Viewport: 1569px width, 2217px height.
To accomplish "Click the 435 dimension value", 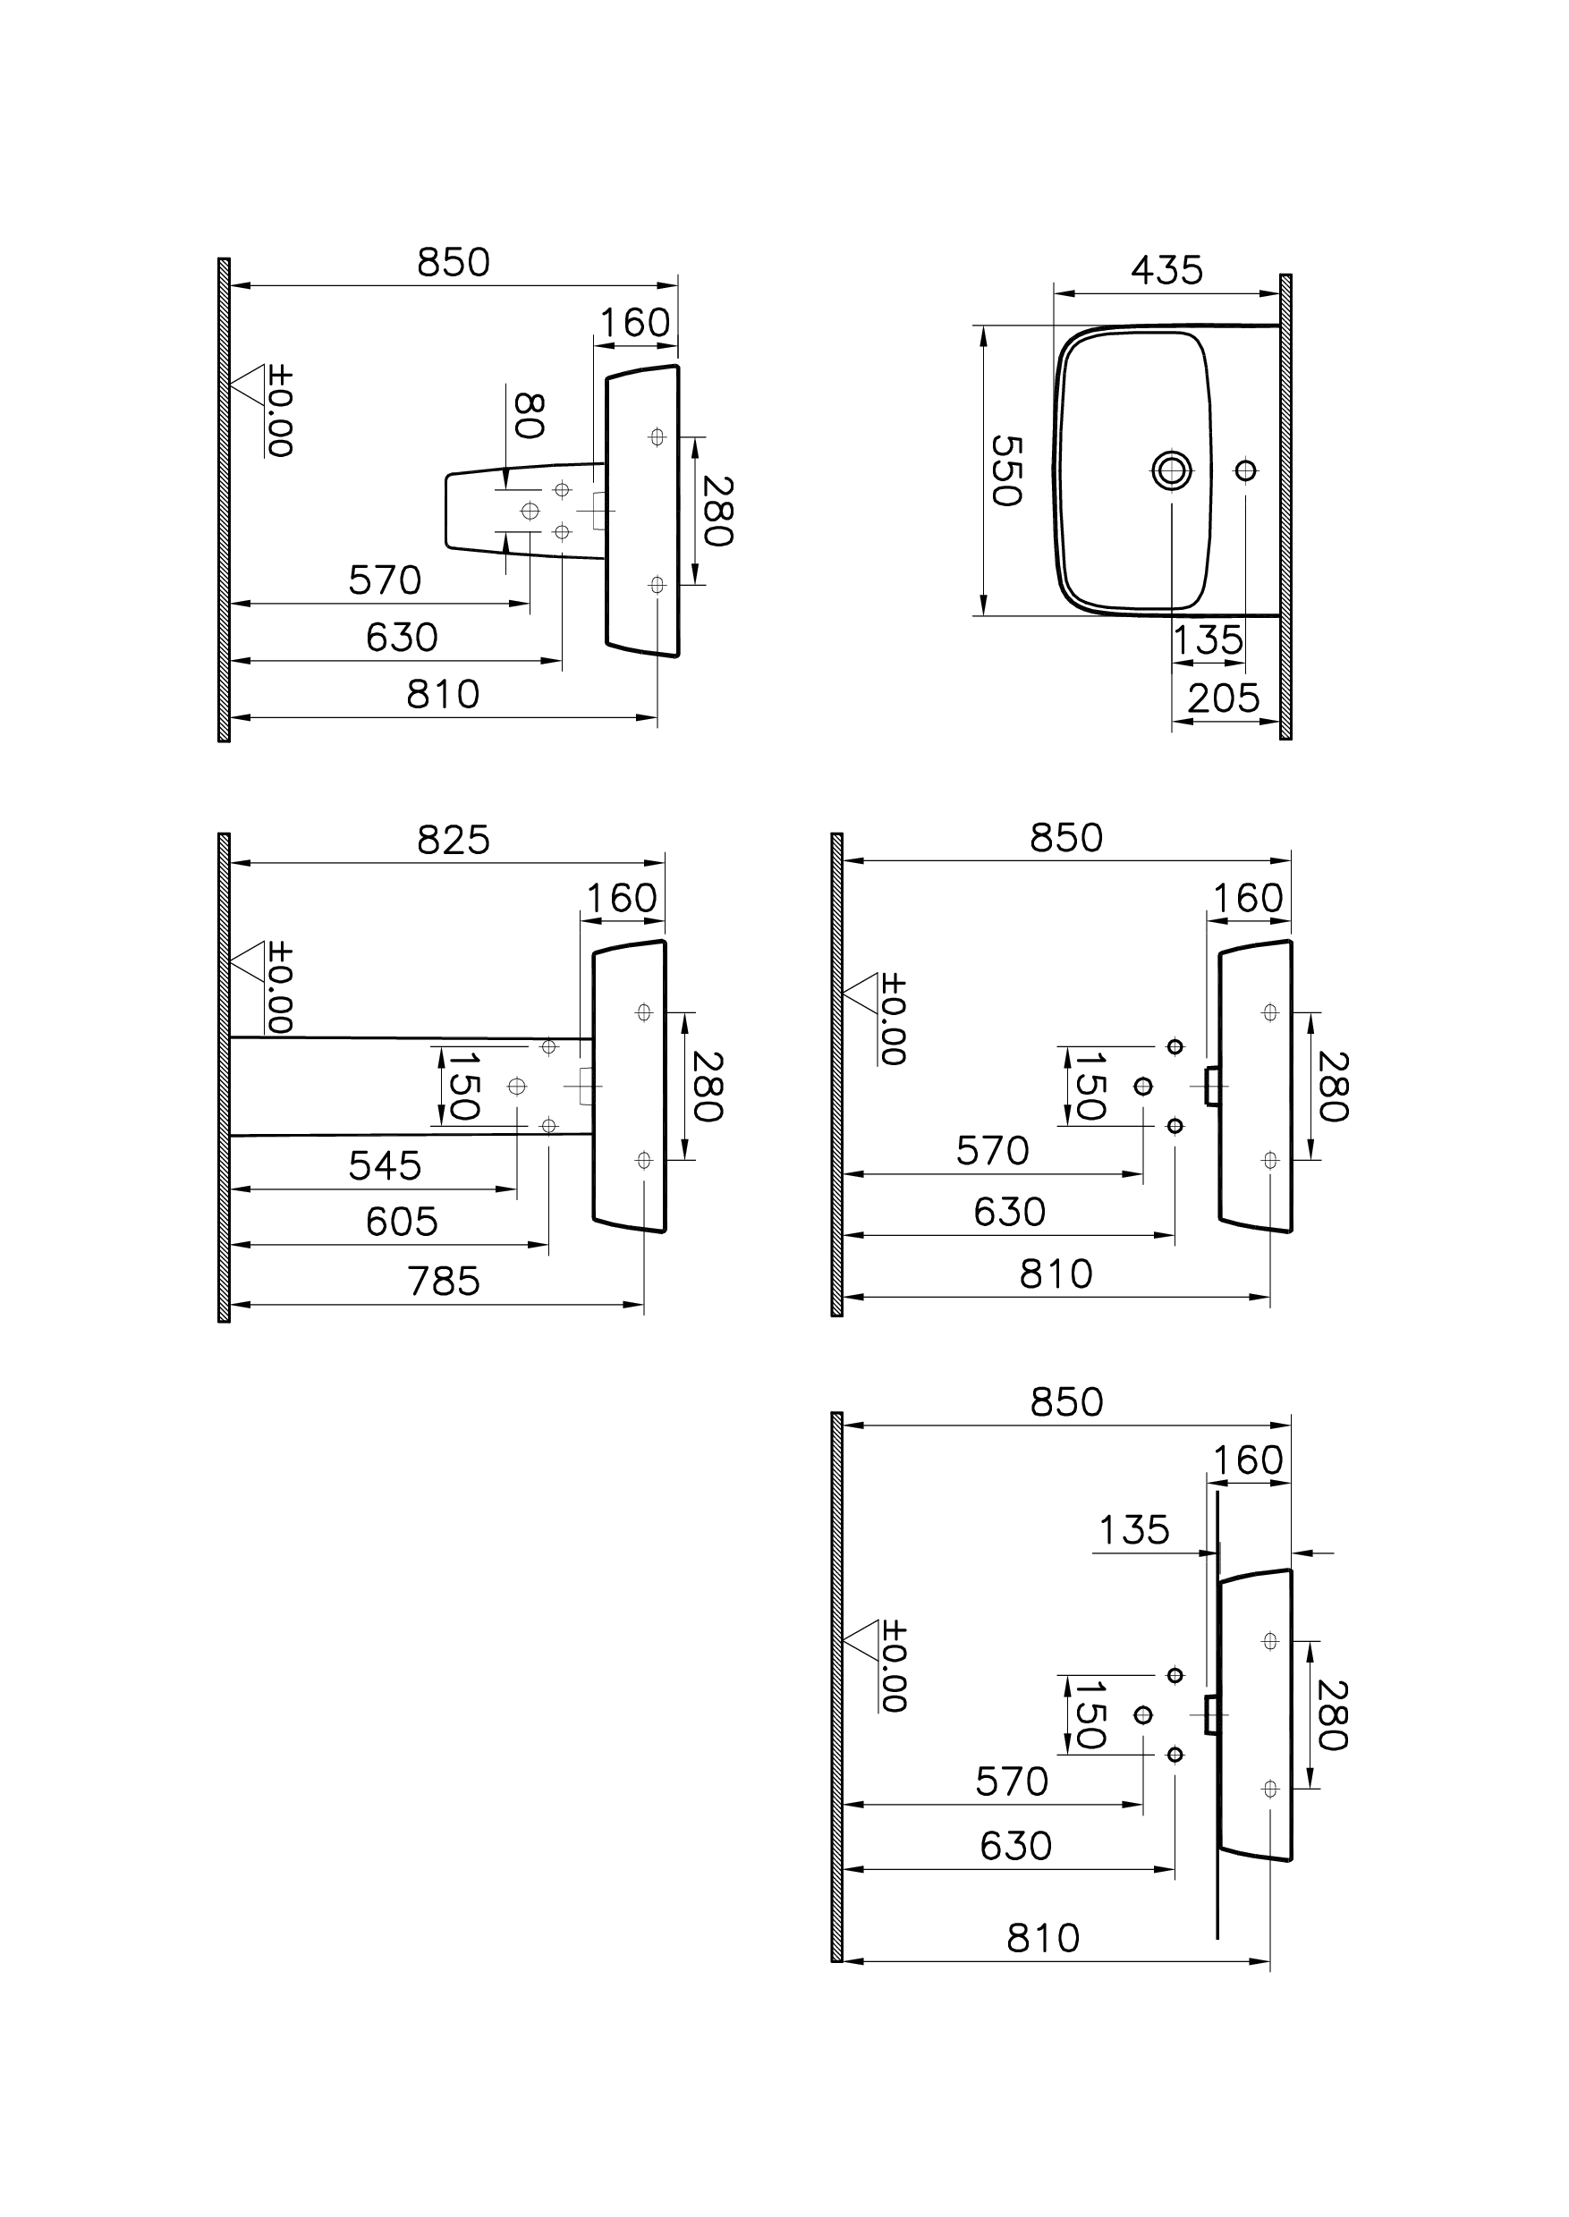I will pyautogui.click(x=1166, y=270).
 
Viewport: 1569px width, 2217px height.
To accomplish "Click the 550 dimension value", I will pyautogui.click(x=1005, y=470).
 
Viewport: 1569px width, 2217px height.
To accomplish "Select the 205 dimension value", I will pyautogui.click(x=1223, y=698).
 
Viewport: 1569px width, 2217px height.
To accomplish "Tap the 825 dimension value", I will pyautogui.click(x=454, y=841).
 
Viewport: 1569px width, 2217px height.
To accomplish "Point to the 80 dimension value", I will pyautogui.click(x=528, y=417).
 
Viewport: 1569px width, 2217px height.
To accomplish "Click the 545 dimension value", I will pyautogui.click(x=385, y=1166).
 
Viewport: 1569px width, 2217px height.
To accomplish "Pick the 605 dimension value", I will pyautogui.click(x=401, y=1222).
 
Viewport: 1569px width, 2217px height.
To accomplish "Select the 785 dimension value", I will pyautogui.click(x=444, y=1282).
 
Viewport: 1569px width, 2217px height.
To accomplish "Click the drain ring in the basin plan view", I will pyautogui.click(x=1172, y=470).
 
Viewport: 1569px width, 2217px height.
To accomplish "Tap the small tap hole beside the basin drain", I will pyautogui.click(x=1245, y=470).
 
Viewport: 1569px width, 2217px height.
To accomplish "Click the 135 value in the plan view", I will pyautogui.click(x=1208, y=640).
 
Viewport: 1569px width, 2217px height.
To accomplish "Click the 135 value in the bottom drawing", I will pyautogui.click(x=1134, y=1530).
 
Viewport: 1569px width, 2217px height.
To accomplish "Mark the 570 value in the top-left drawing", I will pyautogui.click(x=385, y=580).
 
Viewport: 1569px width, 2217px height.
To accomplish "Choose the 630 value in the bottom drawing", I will pyautogui.click(x=1015, y=1846).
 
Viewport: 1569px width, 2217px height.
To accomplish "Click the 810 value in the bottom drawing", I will pyautogui.click(x=1042, y=1939).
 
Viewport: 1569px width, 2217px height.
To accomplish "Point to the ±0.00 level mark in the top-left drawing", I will pyautogui.click(x=278, y=410).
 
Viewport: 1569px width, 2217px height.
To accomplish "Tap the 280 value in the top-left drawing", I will pyautogui.click(x=717, y=511).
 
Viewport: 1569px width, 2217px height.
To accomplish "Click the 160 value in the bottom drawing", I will pyautogui.click(x=1247, y=1460).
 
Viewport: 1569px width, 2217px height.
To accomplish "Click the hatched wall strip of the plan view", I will pyautogui.click(x=1285, y=507).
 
